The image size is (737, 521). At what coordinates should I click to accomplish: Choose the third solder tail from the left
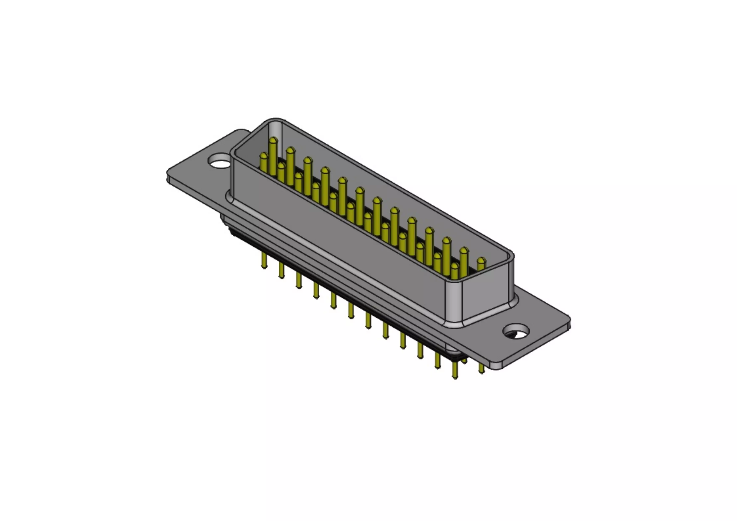[299, 281]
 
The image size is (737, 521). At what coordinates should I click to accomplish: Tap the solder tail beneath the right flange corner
[481, 368]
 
